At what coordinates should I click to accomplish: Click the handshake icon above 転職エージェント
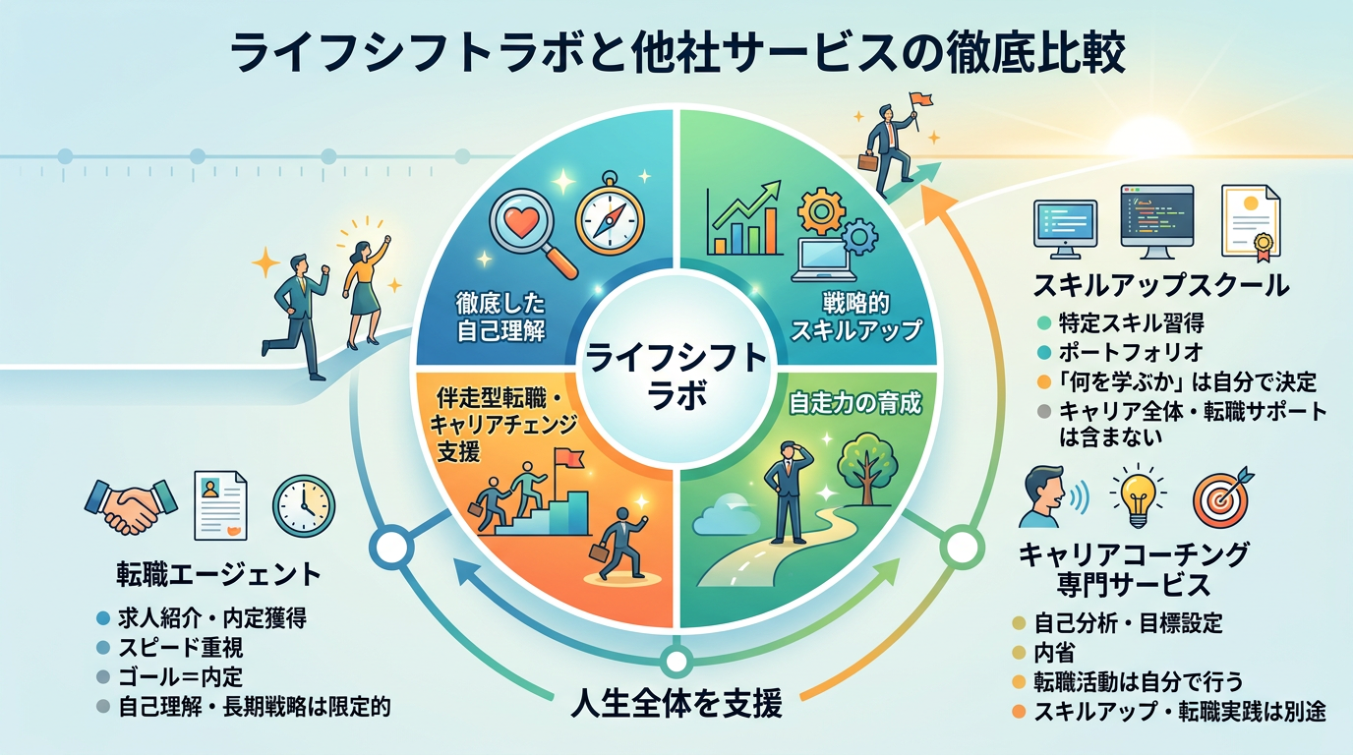131,506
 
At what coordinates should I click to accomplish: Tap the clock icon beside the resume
303,506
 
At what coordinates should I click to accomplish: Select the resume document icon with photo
220,505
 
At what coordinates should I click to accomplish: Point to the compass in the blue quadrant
610,214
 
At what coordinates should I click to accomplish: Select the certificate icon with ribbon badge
1251,223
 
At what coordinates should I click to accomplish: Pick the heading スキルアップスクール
1161,286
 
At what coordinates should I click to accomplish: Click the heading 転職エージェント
218,574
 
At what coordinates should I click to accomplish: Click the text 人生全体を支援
676,703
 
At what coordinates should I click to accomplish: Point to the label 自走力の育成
855,403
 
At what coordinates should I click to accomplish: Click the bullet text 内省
1054,653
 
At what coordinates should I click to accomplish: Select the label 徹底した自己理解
500,318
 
